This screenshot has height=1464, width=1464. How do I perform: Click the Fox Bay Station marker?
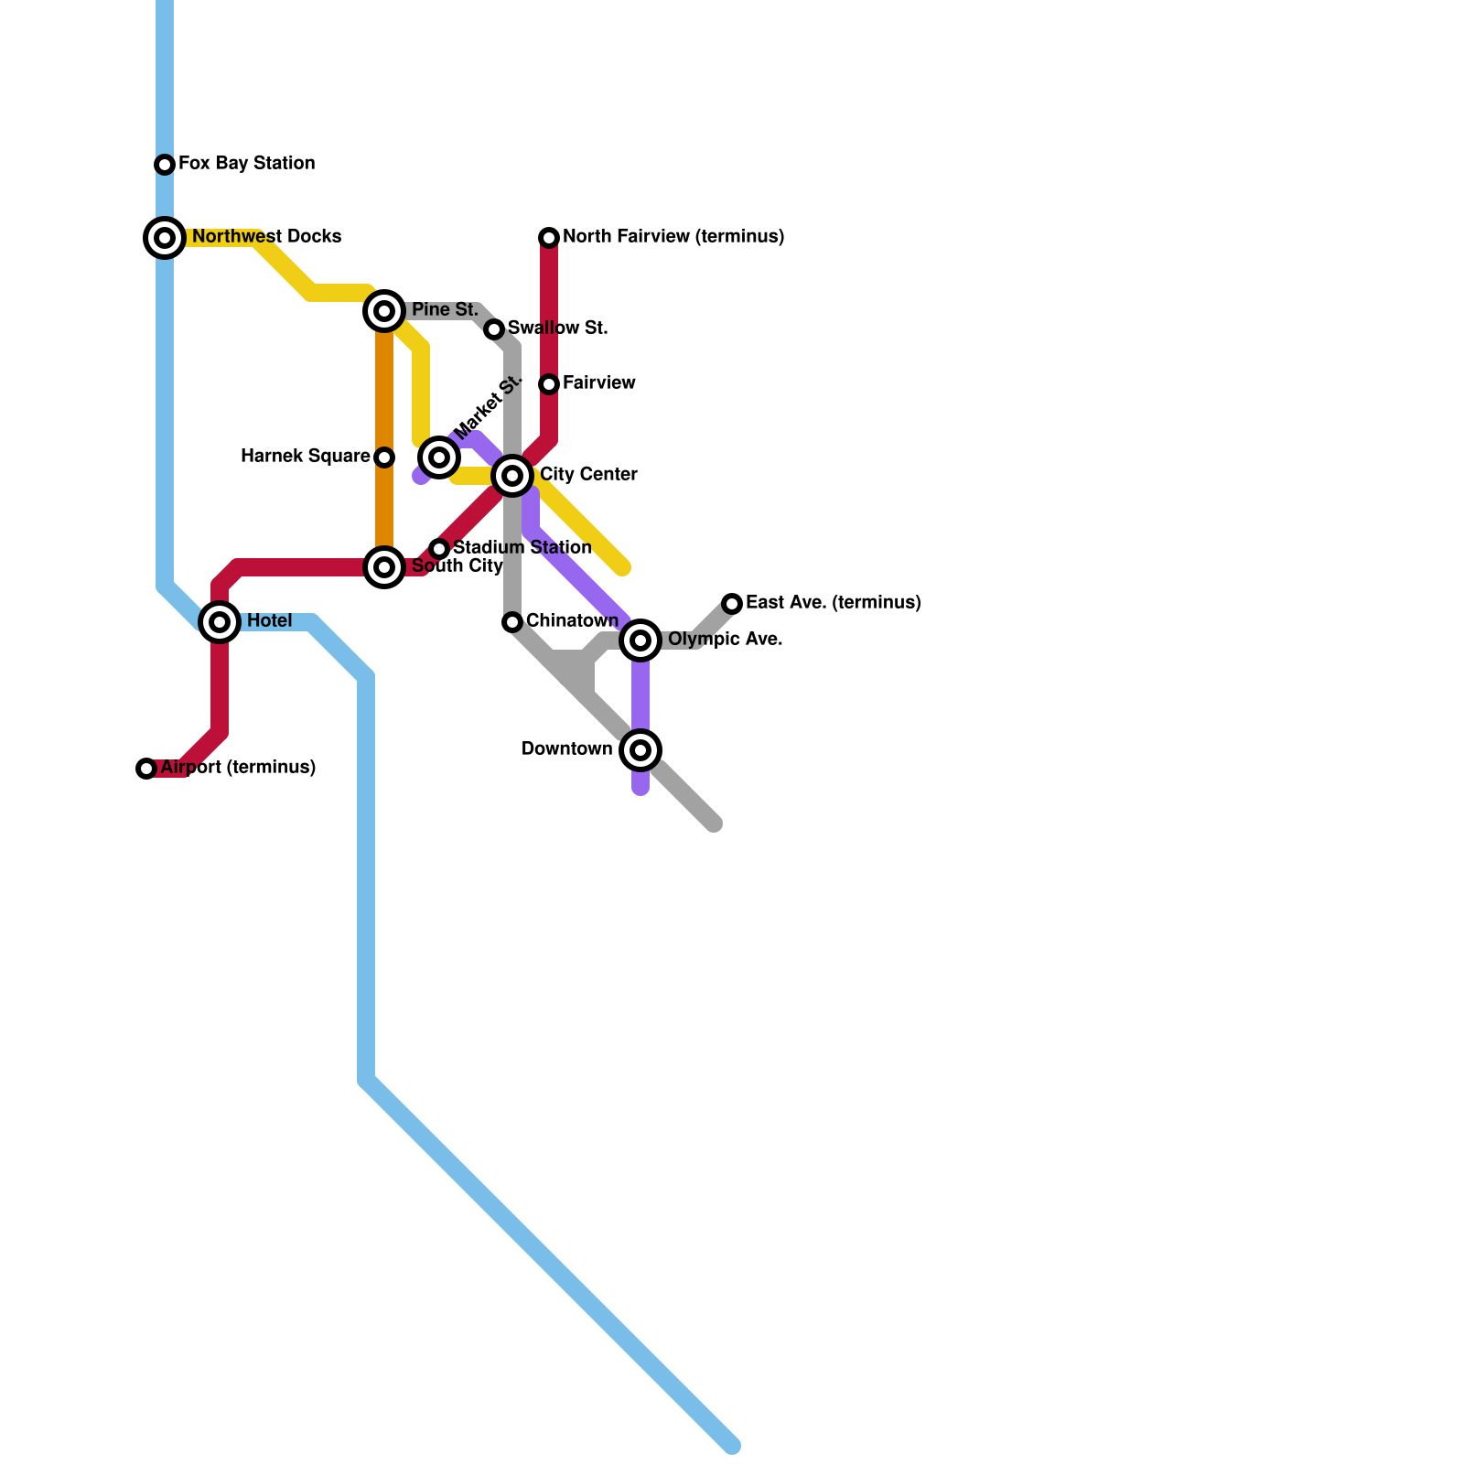tap(165, 165)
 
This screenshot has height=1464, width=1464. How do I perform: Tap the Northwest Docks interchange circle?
tap(165, 238)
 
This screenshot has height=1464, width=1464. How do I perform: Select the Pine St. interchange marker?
tap(384, 311)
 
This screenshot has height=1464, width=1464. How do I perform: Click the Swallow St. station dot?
tap(494, 329)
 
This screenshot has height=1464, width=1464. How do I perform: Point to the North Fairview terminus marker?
tap(549, 238)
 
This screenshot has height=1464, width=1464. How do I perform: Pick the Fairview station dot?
tap(549, 384)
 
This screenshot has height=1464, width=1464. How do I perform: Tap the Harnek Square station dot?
tap(384, 457)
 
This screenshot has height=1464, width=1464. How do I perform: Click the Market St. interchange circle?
tap(439, 457)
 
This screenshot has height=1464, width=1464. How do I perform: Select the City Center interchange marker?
tap(512, 476)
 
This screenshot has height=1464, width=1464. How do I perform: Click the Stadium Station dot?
tap(439, 549)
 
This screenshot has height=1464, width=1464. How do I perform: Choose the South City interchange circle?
tap(384, 567)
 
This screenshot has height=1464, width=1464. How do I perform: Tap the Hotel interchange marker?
tap(220, 622)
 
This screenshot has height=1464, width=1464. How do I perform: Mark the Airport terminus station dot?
tap(146, 769)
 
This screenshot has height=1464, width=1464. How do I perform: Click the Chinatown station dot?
tap(512, 622)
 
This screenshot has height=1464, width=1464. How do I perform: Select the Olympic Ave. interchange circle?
tap(640, 640)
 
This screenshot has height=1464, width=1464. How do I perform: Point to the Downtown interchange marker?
tap(640, 750)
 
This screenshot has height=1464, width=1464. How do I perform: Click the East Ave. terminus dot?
tap(732, 604)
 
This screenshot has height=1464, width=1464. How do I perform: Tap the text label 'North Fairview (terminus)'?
tap(673, 237)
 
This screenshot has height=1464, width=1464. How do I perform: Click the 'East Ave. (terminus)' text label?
tap(833, 603)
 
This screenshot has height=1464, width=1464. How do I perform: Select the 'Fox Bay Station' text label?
tap(246, 164)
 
